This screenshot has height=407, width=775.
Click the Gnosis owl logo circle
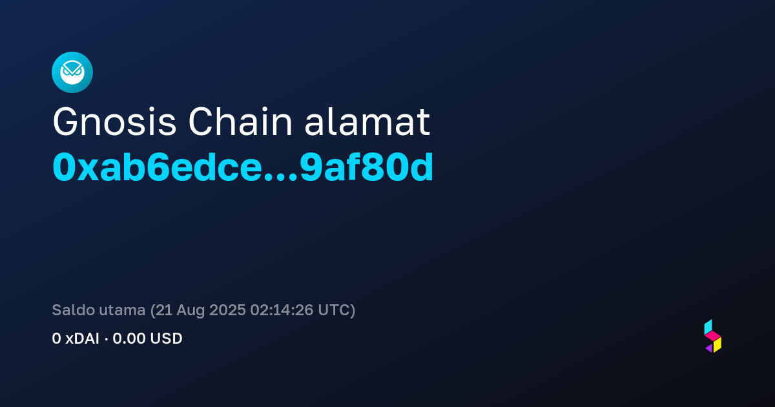pyautogui.click(x=72, y=72)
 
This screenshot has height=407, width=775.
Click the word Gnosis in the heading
pyautogui.click(x=114, y=123)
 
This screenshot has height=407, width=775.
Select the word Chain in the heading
pyautogui.click(x=240, y=122)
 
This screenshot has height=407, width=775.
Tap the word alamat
pyautogui.click(x=367, y=122)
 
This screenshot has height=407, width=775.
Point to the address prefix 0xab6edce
pyautogui.click(x=158, y=167)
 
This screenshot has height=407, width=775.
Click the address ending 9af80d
pyautogui.click(x=366, y=167)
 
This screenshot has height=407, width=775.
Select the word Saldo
pyautogui.click(x=74, y=310)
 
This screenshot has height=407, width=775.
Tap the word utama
pyautogui.click(x=122, y=311)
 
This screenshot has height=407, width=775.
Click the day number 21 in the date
pyautogui.click(x=163, y=310)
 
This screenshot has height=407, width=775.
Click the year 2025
pyautogui.click(x=227, y=310)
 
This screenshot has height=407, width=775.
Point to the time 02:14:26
pyautogui.click(x=282, y=310)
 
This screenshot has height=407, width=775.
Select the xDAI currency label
pyautogui.click(x=83, y=339)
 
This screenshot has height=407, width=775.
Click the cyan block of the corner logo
pyautogui.click(x=708, y=327)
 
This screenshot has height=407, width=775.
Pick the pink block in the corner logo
pyautogui.click(x=713, y=336)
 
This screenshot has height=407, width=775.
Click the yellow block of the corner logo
pyautogui.click(x=718, y=345)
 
